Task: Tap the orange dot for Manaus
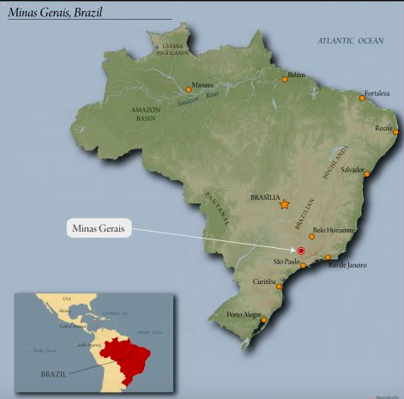point(189,88)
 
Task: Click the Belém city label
point(297,75)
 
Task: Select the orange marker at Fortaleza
point(362,99)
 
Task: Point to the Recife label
point(383,127)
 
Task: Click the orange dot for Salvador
point(367,174)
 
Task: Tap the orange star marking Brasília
point(284,204)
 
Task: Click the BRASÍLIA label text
point(265,196)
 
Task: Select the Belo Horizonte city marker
point(311,235)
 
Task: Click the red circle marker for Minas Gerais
point(301,250)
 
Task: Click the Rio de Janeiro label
point(347,265)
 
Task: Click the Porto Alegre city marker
point(264,320)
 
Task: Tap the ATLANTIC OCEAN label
point(352,41)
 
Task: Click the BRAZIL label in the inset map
point(56,374)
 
